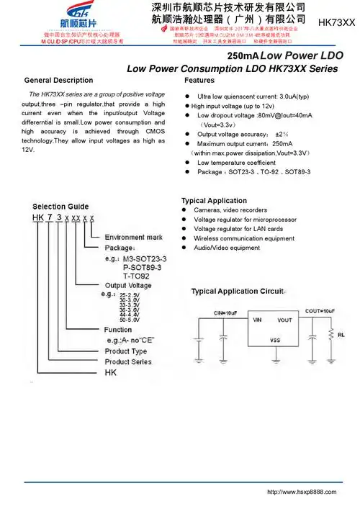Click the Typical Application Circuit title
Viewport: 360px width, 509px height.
tap(238, 292)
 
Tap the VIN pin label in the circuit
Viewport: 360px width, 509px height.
tap(257, 320)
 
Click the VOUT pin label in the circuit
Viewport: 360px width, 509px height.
tap(284, 320)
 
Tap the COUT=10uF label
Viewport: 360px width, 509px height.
tap(320, 311)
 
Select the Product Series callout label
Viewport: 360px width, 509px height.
tap(129, 361)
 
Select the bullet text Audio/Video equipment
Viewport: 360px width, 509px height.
tap(227, 248)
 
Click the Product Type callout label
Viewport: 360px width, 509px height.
tap(126, 351)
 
